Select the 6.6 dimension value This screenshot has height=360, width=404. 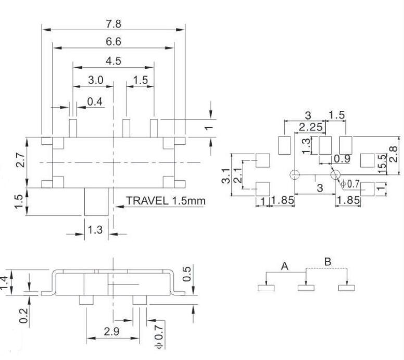pyautogui.click(x=113, y=42)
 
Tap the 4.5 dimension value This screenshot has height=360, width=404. pyautogui.click(x=113, y=61)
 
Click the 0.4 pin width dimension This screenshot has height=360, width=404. pyautogui.click(x=95, y=102)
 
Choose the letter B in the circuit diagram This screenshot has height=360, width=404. pyautogui.click(x=327, y=262)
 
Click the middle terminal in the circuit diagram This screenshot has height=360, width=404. pyautogui.click(x=306, y=287)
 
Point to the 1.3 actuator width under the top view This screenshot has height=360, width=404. pyautogui.click(x=97, y=229)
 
